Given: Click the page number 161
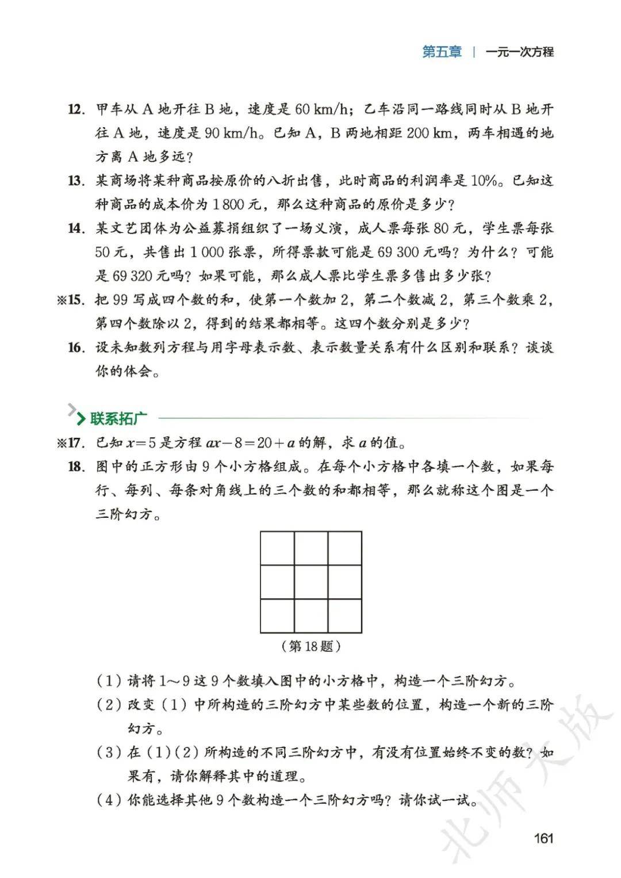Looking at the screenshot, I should tap(543, 838).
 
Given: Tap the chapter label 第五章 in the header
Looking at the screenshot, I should tap(442, 52).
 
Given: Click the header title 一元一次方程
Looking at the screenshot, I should tap(519, 52).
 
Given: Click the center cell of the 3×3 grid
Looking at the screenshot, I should tap(311, 582).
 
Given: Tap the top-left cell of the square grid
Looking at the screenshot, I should tap(277, 548).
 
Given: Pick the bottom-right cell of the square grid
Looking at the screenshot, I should tap(345, 615).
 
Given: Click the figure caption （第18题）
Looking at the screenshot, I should tap(311, 646).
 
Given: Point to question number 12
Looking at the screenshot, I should tap(76, 109).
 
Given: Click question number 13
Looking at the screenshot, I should tap(76, 181).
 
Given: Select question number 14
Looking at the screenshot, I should tap(76, 228).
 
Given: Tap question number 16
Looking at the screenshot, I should tap(76, 348).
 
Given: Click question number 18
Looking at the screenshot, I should tap(76, 467).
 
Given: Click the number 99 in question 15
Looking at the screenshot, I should tap(120, 300).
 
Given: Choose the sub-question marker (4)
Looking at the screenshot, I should tap(109, 800).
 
